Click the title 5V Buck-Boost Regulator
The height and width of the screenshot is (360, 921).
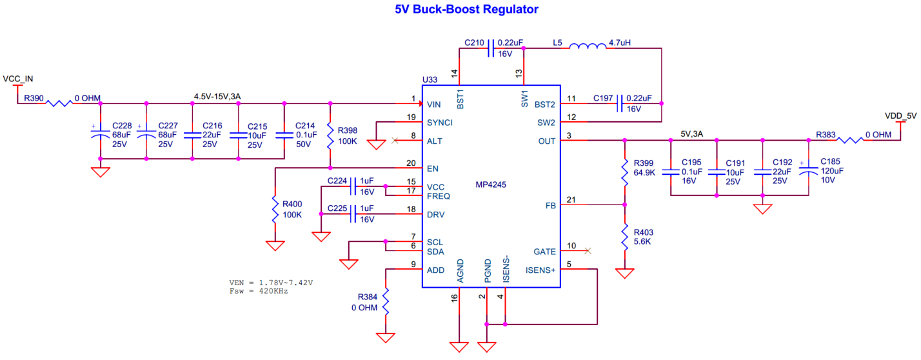tap(466, 10)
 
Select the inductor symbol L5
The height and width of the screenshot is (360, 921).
tap(587, 47)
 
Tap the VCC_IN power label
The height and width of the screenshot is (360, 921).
tap(17, 79)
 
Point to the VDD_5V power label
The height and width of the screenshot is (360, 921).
tap(901, 116)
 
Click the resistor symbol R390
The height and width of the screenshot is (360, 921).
tap(58, 103)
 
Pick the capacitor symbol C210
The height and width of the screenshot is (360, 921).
tap(491, 48)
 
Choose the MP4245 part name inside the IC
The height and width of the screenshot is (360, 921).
tap(490, 185)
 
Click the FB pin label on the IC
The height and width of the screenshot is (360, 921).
tap(550, 205)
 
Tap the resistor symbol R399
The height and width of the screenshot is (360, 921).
tap(624, 172)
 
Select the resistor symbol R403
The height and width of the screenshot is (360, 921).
tap(624, 237)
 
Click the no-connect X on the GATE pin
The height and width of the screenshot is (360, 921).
tap(587, 251)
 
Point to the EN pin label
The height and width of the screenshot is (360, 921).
tap(433, 168)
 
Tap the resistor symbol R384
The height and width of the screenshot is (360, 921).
tap(386, 302)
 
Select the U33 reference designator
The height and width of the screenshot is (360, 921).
tap(430, 79)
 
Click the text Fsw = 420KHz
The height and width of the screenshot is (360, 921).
tap(258, 291)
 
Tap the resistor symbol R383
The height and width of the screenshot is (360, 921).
tap(850, 139)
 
